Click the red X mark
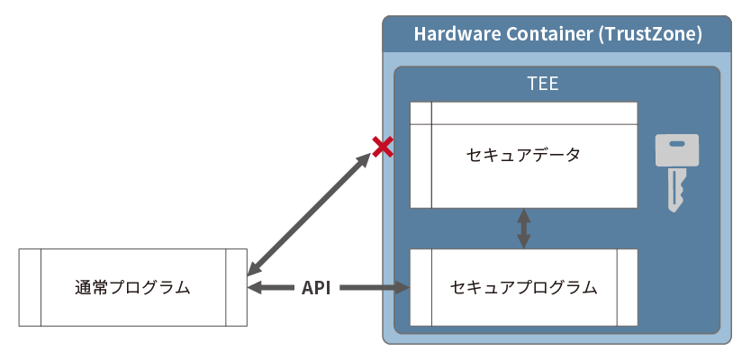tap(383, 147)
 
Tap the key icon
tap(675, 171)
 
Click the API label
tap(316, 288)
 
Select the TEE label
tap(543, 85)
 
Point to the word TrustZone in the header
tap(655, 34)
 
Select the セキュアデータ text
tap(523, 155)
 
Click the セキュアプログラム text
tap(523, 288)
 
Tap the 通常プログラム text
tap(132, 288)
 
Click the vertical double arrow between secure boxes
tap(523, 229)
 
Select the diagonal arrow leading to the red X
tap(309, 213)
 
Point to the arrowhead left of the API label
tap(256, 288)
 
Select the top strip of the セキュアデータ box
tap(523, 112)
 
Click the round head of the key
tap(676, 149)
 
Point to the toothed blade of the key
tap(674, 191)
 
